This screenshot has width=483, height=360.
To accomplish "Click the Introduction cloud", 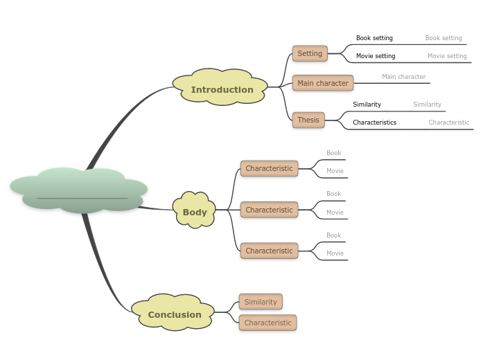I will tap(221, 89).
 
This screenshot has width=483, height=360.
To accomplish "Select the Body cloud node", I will tap(195, 212).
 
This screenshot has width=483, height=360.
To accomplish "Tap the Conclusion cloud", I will tap(174, 314).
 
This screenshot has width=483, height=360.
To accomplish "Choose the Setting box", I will tap(310, 53).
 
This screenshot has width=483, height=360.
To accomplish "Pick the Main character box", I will tap(323, 83).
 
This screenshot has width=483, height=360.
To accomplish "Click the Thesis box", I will tap(308, 120).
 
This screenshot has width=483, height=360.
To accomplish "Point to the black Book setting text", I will tap(374, 38).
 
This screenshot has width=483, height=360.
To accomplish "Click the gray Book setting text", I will tap(444, 38).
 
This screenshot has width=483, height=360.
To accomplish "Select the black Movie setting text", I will tap(376, 56).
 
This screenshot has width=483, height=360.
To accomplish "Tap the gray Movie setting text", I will tap(447, 56).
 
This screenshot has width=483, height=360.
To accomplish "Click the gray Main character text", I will tap(404, 77).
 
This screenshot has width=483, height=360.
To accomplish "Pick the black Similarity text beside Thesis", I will tap(367, 105).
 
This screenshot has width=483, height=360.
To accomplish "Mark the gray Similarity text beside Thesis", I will tap(427, 105).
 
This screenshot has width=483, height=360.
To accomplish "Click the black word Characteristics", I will tap(374, 123).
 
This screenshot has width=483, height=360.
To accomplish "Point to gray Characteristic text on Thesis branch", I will tap(448, 123).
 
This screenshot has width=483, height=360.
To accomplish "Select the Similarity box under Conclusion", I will tap(261, 302).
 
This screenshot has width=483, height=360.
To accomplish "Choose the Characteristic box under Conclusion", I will tap(267, 323).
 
